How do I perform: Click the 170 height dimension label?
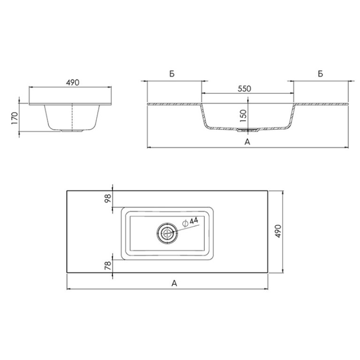pyautogui.click(x=14, y=118)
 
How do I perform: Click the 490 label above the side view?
pyautogui.click(x=73, y=83)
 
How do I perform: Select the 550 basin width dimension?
pyautogui.click(x=244, y=89)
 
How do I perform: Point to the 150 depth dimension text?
pyautogui.click(x=244, y=115)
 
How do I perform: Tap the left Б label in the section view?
pyautogui.click(x=172, y=74)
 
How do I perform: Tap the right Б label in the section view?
pyautogui.click(x=321, y=74)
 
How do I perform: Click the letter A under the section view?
pyautogui.click(x=247, y=142)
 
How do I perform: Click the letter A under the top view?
pyautogui.click(x=174, y=283)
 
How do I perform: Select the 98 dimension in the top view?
pyautogui.click(x=108, y=198)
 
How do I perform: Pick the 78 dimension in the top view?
pyautogui.click(x=108, y=265)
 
